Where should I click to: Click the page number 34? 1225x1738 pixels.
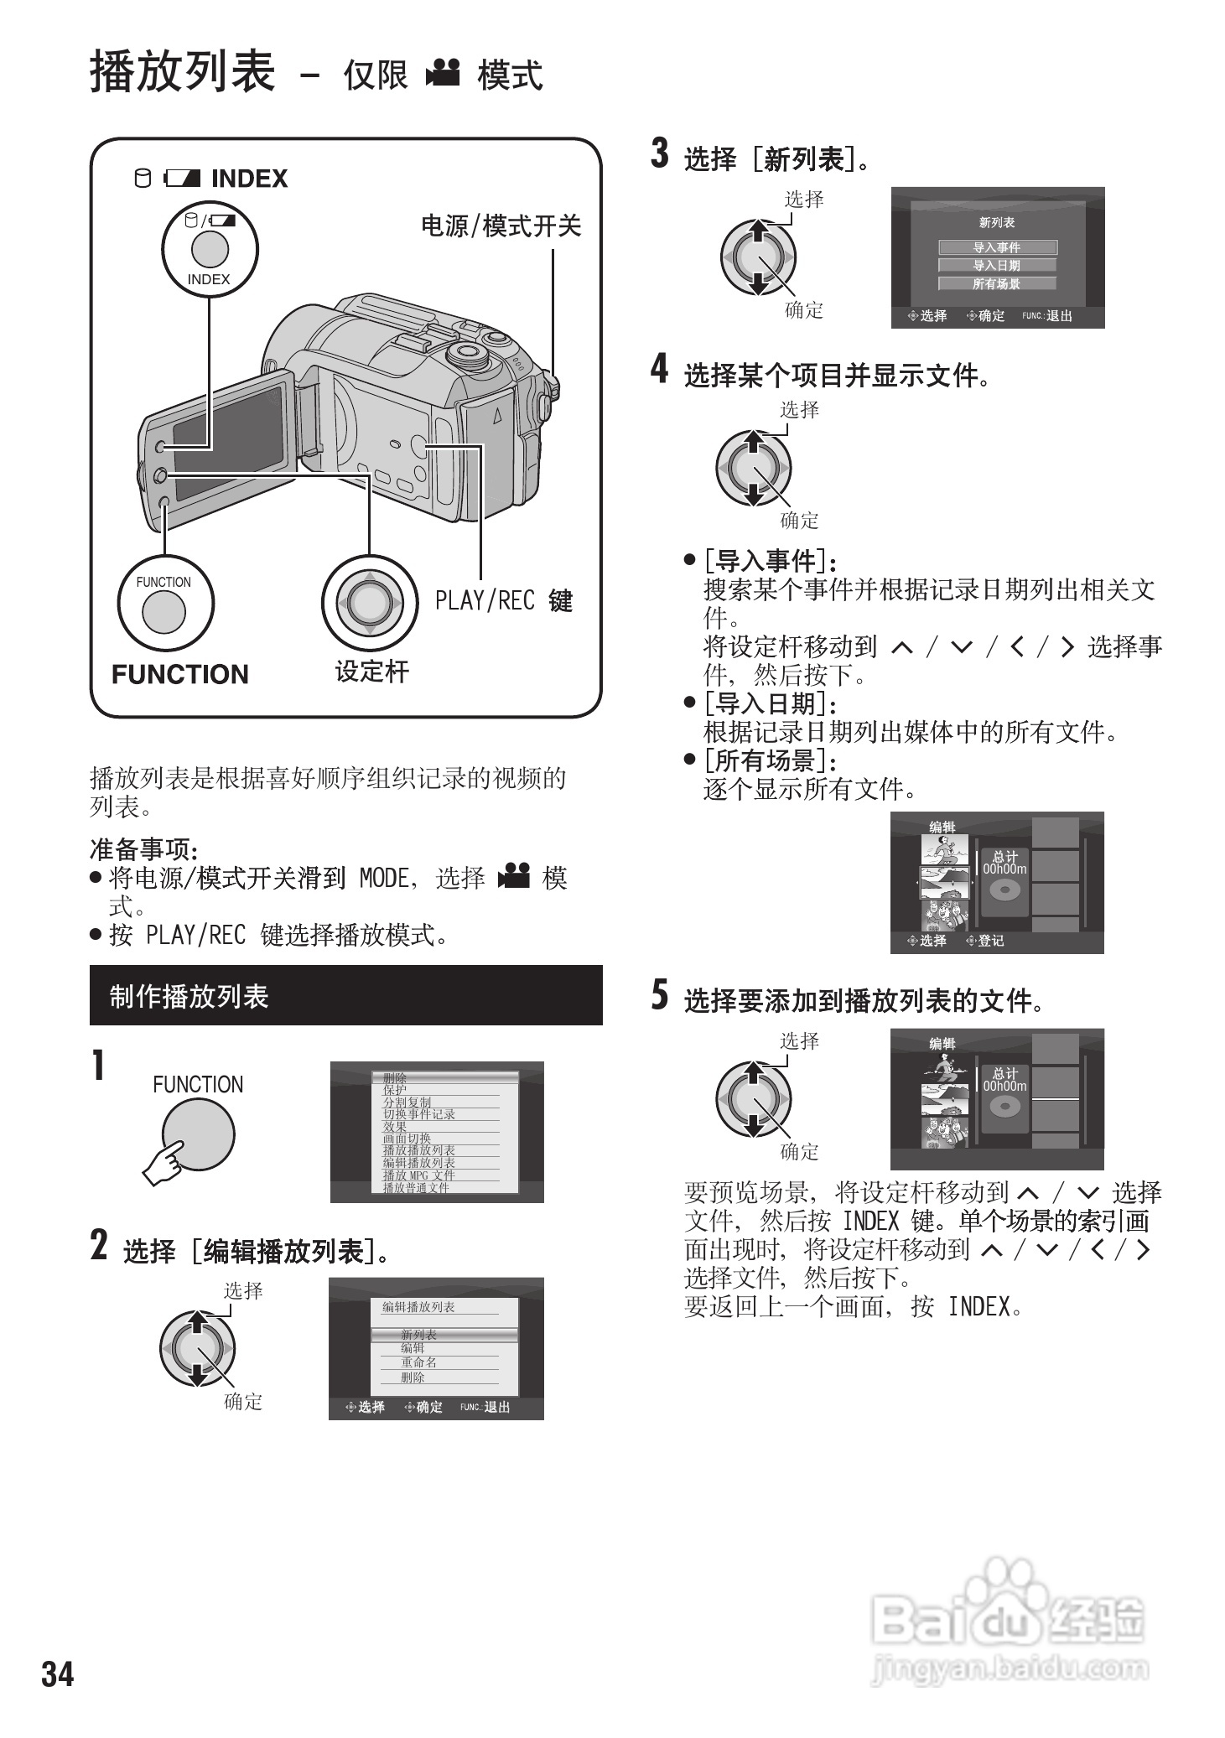click(x=58, y=1673)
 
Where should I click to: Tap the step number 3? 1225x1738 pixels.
click(x=660, y=153)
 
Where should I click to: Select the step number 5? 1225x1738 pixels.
click(x=660, y=995)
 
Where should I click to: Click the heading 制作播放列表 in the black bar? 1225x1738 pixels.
click(x=189, y=996)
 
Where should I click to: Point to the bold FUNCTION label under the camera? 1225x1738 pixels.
click(x=180, y=674)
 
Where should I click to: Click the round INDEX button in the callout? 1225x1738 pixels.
click(x=210, y=249)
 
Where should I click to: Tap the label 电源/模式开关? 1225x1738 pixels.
click(x=501, y=226)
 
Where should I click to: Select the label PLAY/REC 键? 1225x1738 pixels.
click(x=503, y=600)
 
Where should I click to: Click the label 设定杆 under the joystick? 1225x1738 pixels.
click(x=371, y=672)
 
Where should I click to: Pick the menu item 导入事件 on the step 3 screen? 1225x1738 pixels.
click(x=997, y=247)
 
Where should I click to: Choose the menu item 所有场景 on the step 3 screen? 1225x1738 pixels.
click(x=997, y=284)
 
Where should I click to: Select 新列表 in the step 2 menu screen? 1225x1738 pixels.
click(x=418, y=1334)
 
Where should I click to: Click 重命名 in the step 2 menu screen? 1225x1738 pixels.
click(x=418, y=1362)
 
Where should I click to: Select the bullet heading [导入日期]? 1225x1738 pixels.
click(x=771, y=703)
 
